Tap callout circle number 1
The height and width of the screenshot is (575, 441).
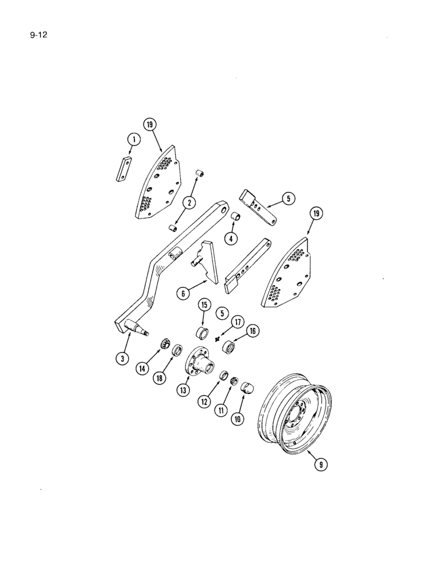pos(133,139)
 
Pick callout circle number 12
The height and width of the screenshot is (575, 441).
pos(203,402)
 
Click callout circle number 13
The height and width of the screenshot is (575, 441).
pos(183,390)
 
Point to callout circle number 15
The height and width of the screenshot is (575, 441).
pos(204,304)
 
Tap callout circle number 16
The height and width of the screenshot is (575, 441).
pos(252,331)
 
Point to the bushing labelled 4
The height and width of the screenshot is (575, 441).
pos(234,217)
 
